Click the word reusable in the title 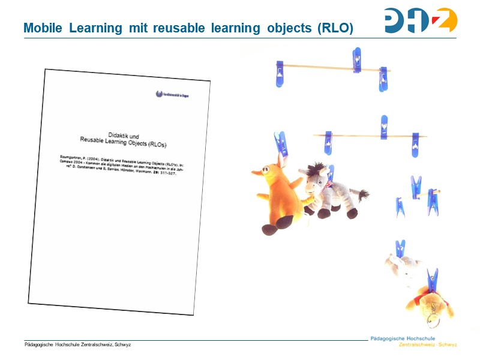(181, 28)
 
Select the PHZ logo (421, 20)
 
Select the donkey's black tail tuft (363, 194)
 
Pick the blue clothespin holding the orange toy (280, 145)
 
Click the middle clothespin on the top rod (357, 61)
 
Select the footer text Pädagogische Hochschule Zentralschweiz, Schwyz (77, 344)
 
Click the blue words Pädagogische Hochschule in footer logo (413, 338)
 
